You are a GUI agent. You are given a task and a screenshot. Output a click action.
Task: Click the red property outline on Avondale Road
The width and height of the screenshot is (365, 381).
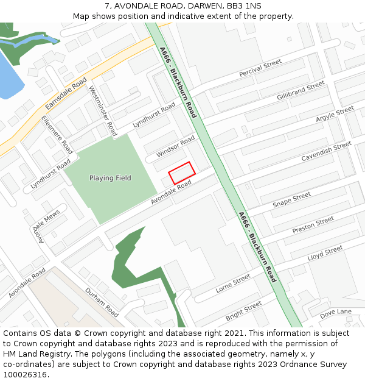181,173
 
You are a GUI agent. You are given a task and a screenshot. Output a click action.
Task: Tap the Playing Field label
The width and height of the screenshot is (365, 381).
110,178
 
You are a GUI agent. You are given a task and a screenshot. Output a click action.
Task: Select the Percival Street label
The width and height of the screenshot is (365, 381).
260,68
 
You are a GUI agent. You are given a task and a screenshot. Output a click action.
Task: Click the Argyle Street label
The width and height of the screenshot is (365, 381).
335,114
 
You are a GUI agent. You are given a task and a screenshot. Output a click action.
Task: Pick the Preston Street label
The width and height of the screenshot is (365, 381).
313,225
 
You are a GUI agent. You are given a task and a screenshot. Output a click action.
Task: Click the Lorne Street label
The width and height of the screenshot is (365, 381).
233,283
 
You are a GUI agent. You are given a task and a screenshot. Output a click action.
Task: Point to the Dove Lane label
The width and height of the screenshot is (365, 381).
336,312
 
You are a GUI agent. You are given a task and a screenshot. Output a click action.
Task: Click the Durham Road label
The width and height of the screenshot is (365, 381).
102,302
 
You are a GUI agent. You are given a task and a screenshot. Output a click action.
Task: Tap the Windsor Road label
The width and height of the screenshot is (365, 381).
175,146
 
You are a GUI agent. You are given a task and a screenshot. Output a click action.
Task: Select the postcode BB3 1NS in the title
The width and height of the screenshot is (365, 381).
248,5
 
